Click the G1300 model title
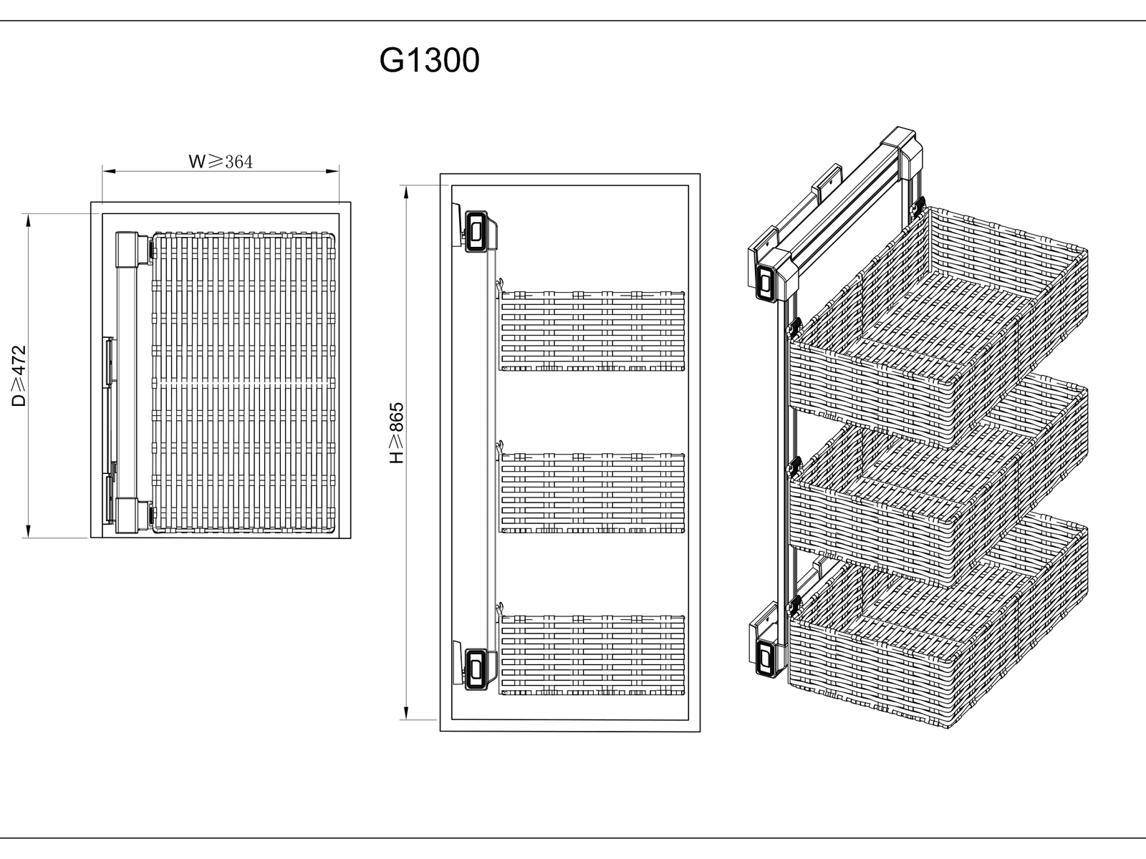(429, 61)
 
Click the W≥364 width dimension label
(221, 162)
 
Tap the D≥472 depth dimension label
(19, 376)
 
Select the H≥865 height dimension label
(397, 432)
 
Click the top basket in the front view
(592, 331)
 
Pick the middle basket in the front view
(592, 492)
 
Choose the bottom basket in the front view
(592, 654)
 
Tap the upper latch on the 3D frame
(767, 281)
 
